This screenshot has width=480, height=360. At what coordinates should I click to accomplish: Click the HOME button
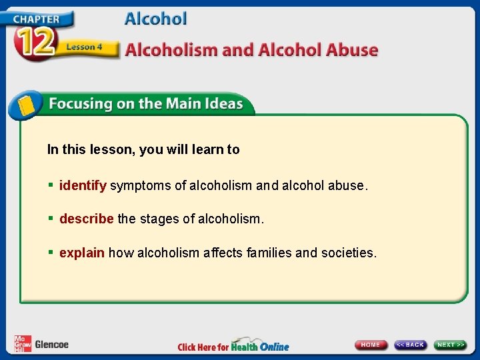(x=371, y=345)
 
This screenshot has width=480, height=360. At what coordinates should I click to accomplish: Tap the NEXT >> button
(x=451, y=345)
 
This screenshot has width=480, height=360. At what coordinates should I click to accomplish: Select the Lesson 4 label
(x=84, y=47)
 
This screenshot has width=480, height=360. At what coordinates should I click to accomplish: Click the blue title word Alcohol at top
(x=156, y=19)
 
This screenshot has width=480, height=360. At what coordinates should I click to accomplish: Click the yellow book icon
(x=25, y=105)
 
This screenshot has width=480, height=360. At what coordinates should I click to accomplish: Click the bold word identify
(x=83, y=185)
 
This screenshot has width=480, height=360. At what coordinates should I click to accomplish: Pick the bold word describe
(x=87, y=219)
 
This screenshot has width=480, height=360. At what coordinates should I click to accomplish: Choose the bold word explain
(x=82, y=253)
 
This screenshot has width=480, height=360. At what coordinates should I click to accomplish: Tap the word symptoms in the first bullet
(x=140, y=186)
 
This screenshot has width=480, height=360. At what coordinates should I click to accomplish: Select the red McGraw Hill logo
(x=22, y=343)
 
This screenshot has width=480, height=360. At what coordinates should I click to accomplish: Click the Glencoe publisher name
(x=51, y=345)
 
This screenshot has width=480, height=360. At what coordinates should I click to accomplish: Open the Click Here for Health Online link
(x=233, y=346)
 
